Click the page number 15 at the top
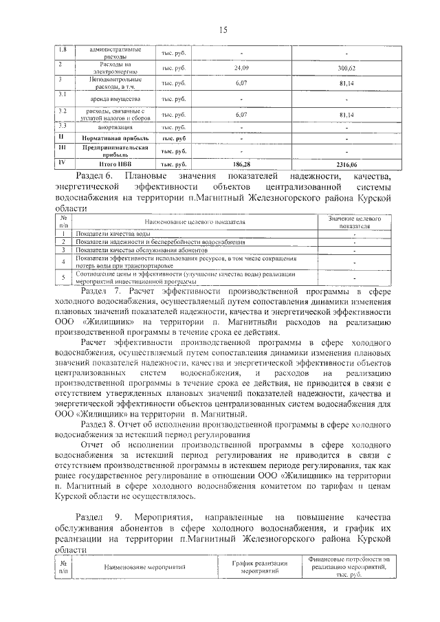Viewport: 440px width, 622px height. (x=223, y=29)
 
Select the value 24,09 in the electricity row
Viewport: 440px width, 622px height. (x=241, y=69)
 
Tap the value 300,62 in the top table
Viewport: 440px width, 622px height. (x=346, y=69)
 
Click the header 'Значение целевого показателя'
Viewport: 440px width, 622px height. (x=354, y=221)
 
